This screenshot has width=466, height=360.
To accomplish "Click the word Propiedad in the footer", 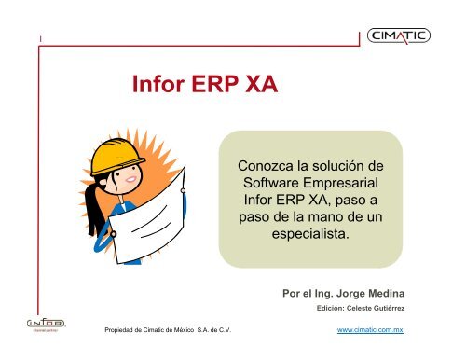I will [x=122, y=330].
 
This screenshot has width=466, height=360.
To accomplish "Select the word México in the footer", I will [x=190, y=330].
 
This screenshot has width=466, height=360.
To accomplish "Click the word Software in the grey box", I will [x=269, y=183].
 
